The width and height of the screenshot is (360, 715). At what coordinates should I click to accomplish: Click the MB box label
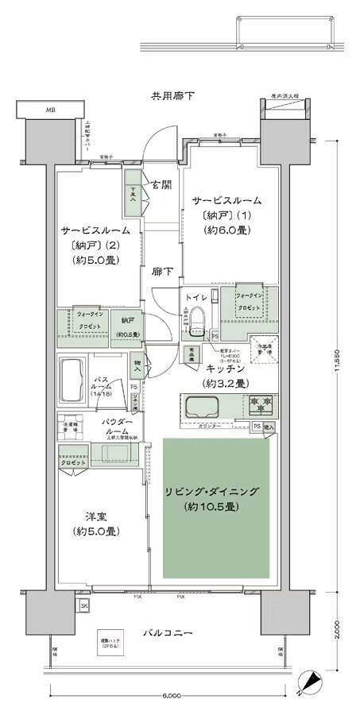50,109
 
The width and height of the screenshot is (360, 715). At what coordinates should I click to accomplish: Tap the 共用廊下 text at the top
173,96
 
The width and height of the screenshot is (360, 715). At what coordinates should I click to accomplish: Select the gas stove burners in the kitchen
259,404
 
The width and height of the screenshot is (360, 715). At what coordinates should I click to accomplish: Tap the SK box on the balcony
85,607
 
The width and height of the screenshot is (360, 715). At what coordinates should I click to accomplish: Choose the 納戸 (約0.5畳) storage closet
127,325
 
